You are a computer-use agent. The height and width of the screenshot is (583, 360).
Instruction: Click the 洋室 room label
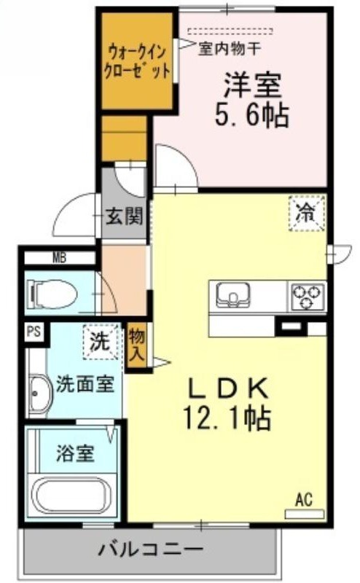252,85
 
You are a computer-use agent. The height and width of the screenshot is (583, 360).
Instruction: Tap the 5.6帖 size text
251,115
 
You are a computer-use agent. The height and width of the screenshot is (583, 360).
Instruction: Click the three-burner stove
308,296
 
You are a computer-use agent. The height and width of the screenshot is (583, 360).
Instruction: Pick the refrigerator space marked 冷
308,213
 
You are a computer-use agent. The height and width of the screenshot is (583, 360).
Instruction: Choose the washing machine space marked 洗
101,342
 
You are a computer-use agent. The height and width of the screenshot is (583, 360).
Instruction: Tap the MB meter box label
59,258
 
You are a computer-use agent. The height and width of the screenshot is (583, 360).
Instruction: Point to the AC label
304,500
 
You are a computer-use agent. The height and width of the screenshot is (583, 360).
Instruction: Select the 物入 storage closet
136,347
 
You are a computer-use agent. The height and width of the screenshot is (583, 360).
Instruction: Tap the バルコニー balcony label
151,549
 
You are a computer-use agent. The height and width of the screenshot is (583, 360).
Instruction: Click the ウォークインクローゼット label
137,61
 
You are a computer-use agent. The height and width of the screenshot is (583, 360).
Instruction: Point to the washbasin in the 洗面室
40,394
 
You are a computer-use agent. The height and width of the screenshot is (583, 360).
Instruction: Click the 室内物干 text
229,48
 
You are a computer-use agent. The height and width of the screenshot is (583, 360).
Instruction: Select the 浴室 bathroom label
75,453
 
